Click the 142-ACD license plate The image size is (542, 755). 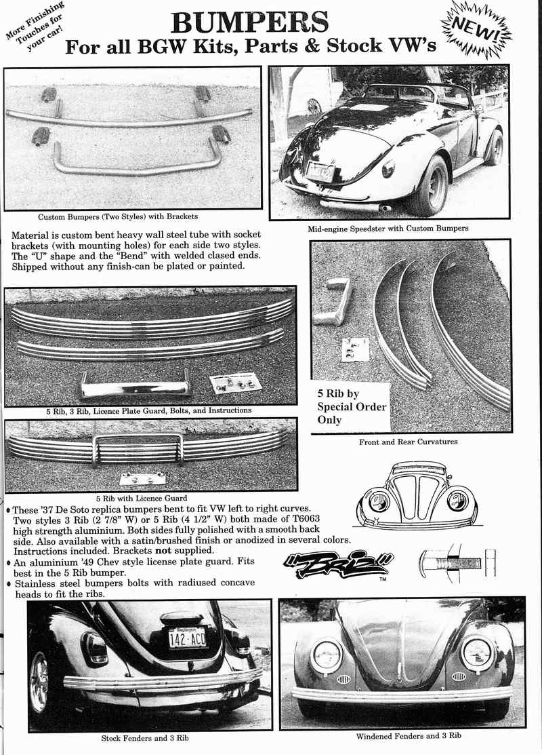click(x=188, y=637)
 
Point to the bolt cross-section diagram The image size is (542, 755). click(x=457, y=563)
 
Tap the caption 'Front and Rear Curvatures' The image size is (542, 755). click(x=408, y=442)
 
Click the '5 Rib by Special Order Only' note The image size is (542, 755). click(x=352, y=406)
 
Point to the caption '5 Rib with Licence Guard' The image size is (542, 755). click(x=152, y=498)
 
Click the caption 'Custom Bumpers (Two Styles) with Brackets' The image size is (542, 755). click(x=118, y=216)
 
